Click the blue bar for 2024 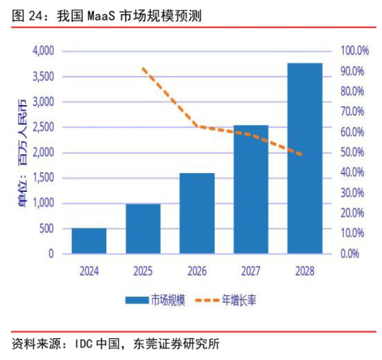pos(89,241)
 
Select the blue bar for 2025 pos(143,228)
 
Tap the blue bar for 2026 pos(197,213)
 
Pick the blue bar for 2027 pos(251,189)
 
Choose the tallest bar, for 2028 pos(305,158)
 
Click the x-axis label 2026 pos(197,270)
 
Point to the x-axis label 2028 pos(305,270)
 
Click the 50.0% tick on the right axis pos(354,152)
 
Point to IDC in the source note pos(84,343)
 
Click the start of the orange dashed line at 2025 pos(143,69)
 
